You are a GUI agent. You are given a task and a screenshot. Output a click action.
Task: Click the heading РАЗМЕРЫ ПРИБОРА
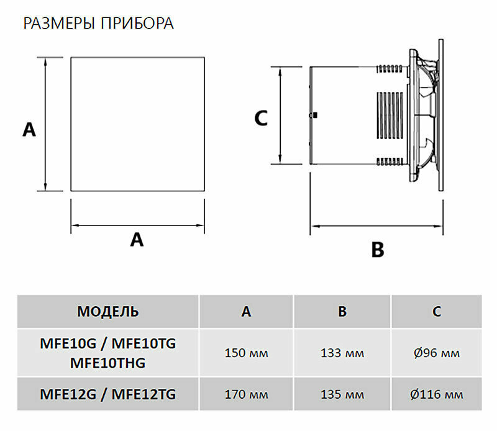(x=99, y=24)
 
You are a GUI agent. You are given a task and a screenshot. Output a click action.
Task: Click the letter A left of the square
(x=29, y=130)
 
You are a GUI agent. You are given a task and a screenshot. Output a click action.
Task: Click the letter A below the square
(x=137, y=240)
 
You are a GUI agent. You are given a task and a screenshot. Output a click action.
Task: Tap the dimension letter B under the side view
(x=378, y=250)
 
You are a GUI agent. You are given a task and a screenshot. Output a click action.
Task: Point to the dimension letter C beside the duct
(x=261, y=118)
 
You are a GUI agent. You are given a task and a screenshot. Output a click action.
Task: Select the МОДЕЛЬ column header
(x=107, y=312)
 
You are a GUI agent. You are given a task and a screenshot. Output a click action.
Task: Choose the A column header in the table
(x=246, y=312)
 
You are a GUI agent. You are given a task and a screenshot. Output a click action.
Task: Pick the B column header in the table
(x=342, y=312)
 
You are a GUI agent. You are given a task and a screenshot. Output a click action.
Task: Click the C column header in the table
(x=437, y=312)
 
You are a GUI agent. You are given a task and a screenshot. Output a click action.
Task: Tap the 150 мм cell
(x=246, y=353)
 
